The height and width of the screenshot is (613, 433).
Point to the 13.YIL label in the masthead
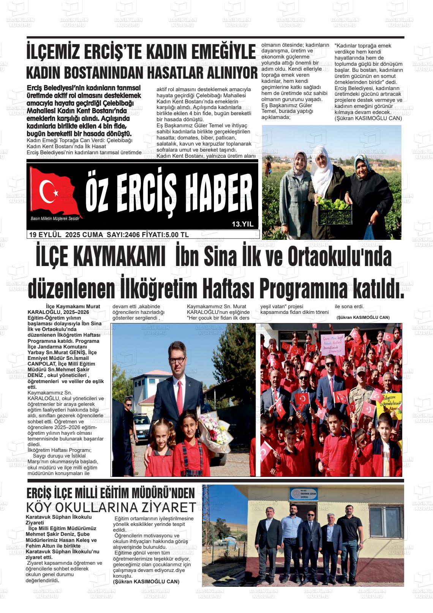(x=242, y=224)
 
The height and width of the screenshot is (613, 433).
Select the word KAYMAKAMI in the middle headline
(x=100, y=258)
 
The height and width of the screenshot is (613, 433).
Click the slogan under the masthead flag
(x=57, y=218)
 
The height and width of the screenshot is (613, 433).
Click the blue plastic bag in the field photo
(x=369, y=232)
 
